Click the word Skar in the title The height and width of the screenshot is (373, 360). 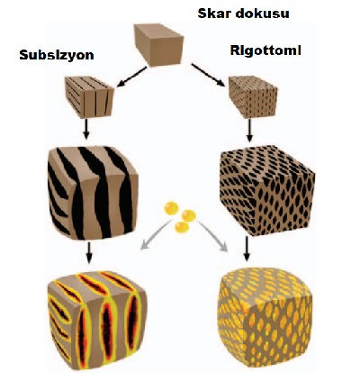[x=211, y=14]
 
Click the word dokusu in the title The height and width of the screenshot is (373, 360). [x=258, y=14]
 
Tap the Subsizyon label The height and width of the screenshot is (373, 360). [x=57, y=55]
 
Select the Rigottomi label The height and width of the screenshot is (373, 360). [x=265, y=50]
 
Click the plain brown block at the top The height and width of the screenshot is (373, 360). [x=158, y=45]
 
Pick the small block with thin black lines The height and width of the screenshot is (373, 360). [x=89, y=96]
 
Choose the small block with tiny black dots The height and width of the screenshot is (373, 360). [x=253, y=96]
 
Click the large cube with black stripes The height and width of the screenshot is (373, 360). [x=93, y=193]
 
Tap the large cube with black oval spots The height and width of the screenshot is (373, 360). [x=267, y=190]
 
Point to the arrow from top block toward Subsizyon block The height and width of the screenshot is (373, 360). [x=131, y=77]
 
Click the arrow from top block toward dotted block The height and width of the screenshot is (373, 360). [x=208, y=75]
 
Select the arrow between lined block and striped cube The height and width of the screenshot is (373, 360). [x=86, y=129]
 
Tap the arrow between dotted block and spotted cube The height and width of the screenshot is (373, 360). [x=249, y=131]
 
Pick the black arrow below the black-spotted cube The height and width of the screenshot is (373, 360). [x=247, y=249]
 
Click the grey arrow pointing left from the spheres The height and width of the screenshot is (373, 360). [x=156, y=234]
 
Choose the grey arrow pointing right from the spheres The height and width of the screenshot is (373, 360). [x=212, y=236]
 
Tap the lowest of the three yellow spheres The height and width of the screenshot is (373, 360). [x=182, y=227]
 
